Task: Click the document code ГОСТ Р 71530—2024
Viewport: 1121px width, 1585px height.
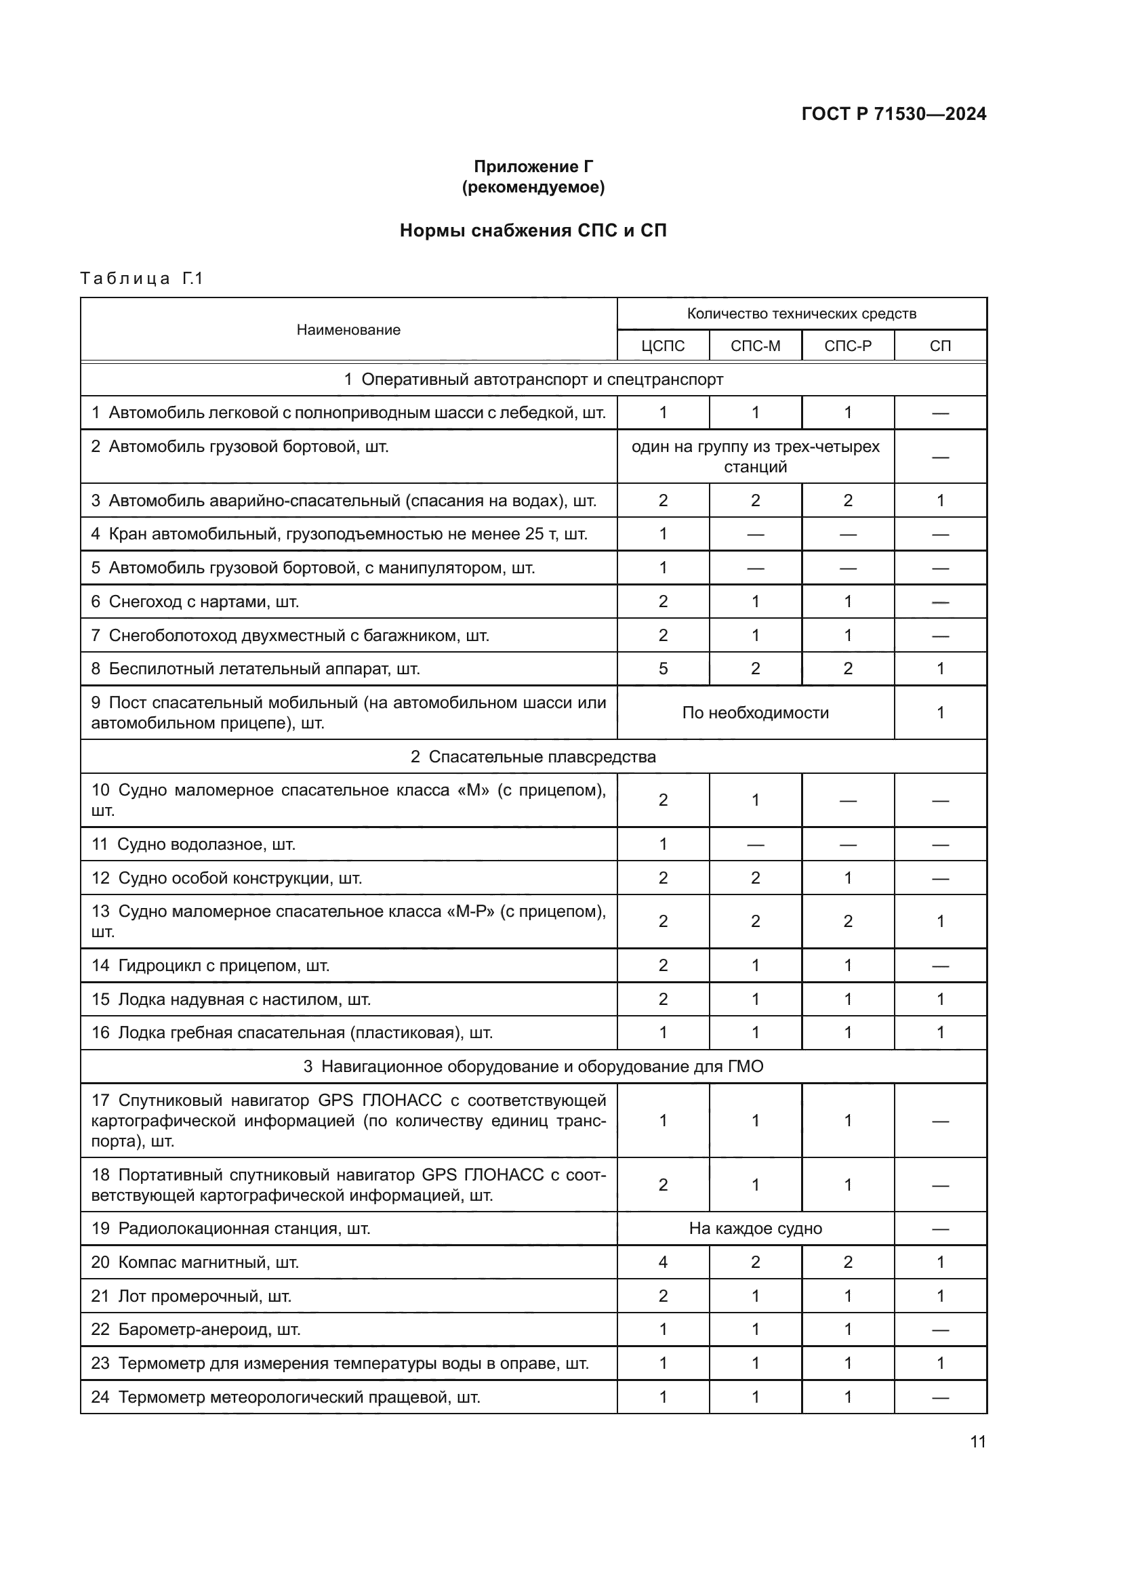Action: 893,114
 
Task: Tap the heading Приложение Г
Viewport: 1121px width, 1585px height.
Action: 533,167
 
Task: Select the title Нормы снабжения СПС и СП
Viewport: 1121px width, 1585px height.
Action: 533,230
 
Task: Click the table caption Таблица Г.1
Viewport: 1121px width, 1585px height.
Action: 142,279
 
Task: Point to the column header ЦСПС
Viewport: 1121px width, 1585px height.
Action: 663,346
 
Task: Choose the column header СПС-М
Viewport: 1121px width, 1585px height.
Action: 755,346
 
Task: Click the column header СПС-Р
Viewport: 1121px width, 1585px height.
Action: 848,346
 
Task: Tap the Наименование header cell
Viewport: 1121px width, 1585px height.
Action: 348,330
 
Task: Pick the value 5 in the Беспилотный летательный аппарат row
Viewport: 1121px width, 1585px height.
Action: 663,669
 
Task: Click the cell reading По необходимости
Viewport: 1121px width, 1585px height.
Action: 755,713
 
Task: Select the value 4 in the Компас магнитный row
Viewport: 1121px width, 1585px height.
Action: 663,1262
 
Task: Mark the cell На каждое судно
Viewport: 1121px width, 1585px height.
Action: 755,1229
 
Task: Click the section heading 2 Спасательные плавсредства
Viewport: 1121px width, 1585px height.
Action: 533,758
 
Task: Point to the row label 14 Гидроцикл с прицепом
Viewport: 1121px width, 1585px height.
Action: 210,966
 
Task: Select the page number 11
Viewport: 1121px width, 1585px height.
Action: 977,1442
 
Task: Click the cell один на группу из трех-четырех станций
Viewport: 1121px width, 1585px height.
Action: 755,456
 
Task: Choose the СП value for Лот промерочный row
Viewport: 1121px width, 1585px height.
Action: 940,1296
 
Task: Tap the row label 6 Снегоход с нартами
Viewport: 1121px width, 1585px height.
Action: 195,602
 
